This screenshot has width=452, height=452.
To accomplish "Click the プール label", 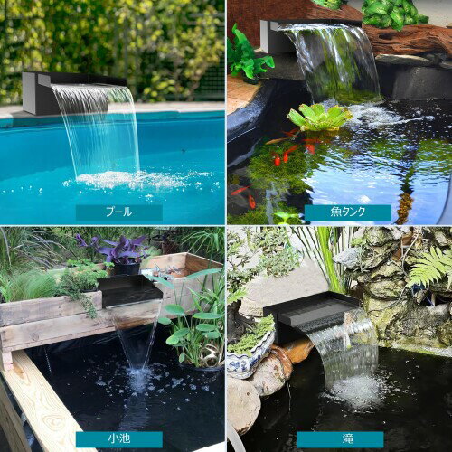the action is click(119, 212).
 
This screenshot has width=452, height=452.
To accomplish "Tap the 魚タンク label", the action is click(348, 212).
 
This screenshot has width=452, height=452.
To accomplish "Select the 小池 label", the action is click(119, 439).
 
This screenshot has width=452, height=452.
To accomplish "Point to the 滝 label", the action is click(340, 439).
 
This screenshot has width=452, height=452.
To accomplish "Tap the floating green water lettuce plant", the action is click(320, 117).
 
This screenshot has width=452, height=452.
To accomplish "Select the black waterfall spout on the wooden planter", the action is click(129, 291).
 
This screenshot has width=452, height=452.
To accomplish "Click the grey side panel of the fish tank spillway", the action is click(267, 36).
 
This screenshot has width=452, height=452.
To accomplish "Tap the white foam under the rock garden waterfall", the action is click(354, 391).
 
